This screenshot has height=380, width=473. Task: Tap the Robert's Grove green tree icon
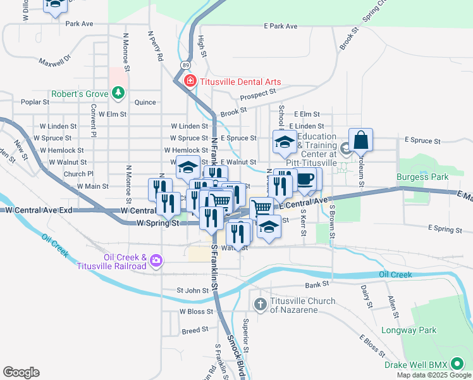pos(118,94)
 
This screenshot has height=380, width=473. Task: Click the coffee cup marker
pos(306,179)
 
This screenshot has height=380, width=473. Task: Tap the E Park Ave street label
pos(280,27)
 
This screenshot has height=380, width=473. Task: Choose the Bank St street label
pos(317,286)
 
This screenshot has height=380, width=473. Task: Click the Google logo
pos(21,372)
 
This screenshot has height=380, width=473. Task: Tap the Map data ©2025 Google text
pos(433,375)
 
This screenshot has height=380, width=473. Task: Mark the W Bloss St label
pos(194,312)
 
